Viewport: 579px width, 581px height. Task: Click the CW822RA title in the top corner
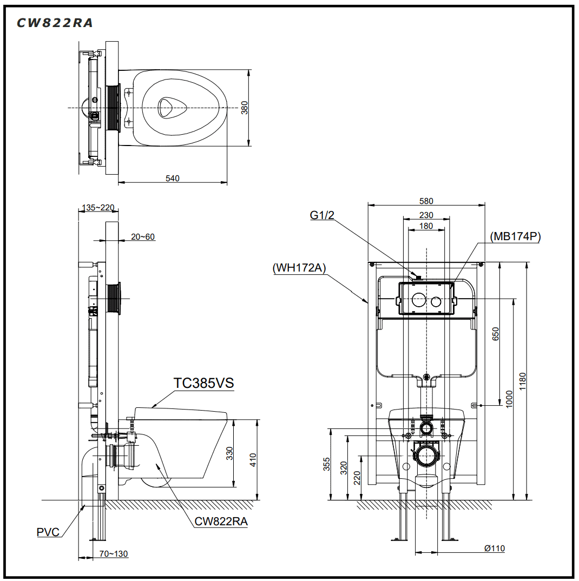click(55, 23)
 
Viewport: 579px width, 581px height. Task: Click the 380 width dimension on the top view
click(244, 108)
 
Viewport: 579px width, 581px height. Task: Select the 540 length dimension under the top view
click(173, 178)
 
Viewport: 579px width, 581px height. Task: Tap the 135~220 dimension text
click(98, 207)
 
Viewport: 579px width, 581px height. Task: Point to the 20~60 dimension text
click(143, 236)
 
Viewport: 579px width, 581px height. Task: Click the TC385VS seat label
click(203, 383)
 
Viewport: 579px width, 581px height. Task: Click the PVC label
click(48, 532)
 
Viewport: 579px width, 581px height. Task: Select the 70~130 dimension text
click(114, 553)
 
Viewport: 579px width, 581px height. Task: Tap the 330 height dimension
click(229, 453)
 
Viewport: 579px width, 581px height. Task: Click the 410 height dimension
click(253, 459)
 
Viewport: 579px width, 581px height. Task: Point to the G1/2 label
click(322, 215)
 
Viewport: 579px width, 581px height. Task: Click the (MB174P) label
click(515, 236)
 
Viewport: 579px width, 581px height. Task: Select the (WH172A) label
click(299, 267)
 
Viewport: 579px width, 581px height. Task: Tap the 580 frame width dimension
click(426, 201)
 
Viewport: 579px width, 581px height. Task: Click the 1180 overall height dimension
click(523, 381)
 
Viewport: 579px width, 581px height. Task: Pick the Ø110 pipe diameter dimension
click(494, 549)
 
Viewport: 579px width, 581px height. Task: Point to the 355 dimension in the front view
click(326, 464)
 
